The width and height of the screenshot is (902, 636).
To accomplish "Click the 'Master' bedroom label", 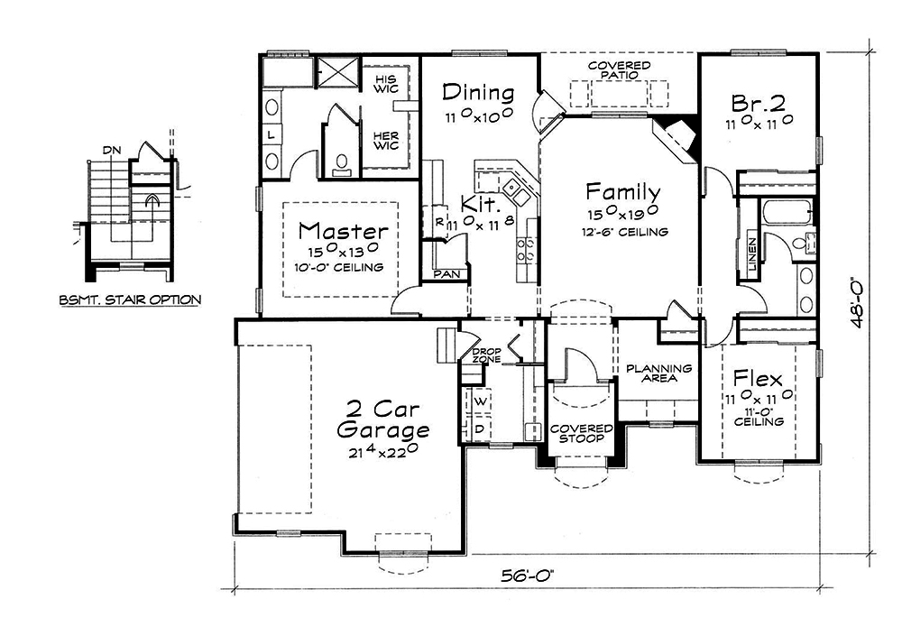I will click(344, 231).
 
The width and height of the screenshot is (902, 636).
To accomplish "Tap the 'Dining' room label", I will click(479, 93).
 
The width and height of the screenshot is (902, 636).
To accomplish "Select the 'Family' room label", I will click(622, 192).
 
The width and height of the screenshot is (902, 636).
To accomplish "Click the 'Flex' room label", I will click(757, 377).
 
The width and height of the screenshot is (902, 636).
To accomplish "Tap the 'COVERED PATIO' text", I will click(620, 71).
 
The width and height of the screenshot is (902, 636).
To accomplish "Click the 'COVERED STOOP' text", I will click(582, 434).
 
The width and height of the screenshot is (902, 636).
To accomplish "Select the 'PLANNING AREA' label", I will click(658, 373).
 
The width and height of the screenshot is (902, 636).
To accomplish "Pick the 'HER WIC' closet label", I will click(385, 140).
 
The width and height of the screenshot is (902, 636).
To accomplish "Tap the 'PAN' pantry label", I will click(445, 273).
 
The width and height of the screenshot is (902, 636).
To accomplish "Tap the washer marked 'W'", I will click(480, 400).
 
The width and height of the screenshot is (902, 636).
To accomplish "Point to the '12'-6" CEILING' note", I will click(624, 232).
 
